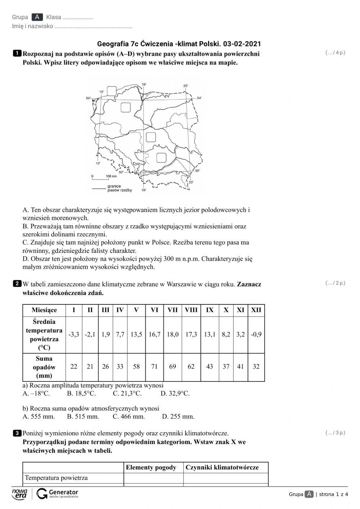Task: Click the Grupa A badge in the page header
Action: coord(37,17)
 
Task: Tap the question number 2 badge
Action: coord(17,284)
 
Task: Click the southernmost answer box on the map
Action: coord(161,157)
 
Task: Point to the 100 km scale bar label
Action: coord(111,176)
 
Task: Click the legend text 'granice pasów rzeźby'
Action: coord(120,188)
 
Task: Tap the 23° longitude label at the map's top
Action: coord(185,86)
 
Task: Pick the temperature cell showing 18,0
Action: coord(172,335)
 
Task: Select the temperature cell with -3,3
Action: coord(74,335)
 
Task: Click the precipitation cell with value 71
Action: coord(154,367)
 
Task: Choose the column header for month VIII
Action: coord(191,310)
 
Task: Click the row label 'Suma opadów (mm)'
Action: coord(44,367)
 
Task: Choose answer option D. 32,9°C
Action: coord(175,393)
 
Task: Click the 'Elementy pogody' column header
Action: coord(151,467)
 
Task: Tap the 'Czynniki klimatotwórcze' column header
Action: coord(222,467)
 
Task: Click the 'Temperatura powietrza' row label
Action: coord(56,478)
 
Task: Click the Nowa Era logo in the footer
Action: coord(20,494)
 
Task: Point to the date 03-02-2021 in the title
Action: coord(242,44)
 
